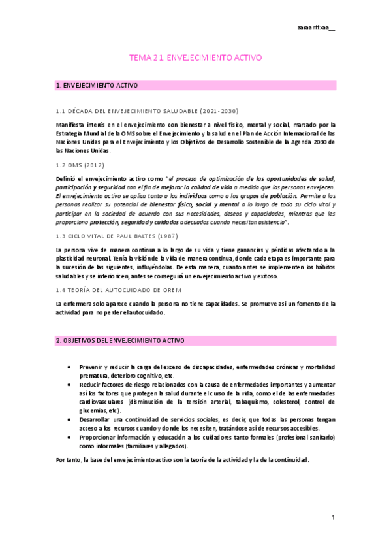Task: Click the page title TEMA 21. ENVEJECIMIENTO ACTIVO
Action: point(196,57)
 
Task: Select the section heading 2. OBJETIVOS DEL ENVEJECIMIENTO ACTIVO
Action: point(121,341)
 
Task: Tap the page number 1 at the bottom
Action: point(332,517)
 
